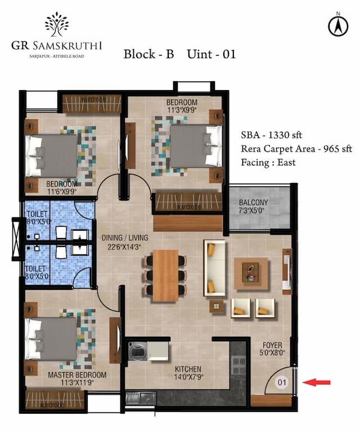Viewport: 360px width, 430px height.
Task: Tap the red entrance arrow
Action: pyautogui.click(x=316, y=383)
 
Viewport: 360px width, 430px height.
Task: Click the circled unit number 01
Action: pyautogui.click(x=282, y=383)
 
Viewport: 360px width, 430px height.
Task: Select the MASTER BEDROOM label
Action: pyautogui.click(x=76, y=375)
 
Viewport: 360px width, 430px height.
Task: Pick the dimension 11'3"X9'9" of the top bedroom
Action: pyautogui.click(x=181, y=110)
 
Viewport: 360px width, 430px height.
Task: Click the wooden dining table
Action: pyautogui.click(x=165, y=274)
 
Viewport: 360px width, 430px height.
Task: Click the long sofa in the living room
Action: pyautogui.click(x=214, y=267)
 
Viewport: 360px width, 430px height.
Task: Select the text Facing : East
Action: pyautogui.click(x=268, y=162)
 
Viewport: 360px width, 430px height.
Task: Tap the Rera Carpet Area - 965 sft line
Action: pyautogui.click(x=296, y=149)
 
